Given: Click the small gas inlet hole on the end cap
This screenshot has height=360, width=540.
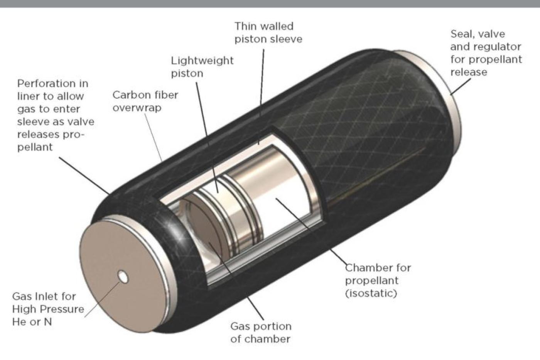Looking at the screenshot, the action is (x=123, y=277).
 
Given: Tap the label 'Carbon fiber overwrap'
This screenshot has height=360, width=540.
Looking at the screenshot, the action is (x=145, y=101).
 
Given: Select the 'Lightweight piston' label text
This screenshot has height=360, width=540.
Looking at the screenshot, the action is (x=202, y=67).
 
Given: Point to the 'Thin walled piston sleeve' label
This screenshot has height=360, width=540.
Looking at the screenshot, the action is (x=268, y=32).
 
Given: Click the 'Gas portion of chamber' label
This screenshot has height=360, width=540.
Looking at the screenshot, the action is (x=261, y=333).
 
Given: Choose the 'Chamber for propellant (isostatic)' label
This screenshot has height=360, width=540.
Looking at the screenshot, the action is (x=378, y=281).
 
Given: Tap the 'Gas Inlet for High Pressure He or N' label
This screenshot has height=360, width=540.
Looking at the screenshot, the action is (x=48, y=309).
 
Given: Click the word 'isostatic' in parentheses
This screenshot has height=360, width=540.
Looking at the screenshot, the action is (x=371, y=294).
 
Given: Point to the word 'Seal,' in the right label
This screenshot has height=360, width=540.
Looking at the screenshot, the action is (x=462, y=34).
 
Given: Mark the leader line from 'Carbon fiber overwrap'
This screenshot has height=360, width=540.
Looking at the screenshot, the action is (x=153, y=137).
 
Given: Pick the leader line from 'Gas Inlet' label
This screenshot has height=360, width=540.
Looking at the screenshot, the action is (x=103, y=299).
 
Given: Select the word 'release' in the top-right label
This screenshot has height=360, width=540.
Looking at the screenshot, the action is (x=469, y=72).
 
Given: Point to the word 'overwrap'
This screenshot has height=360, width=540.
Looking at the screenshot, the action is (x=137, y=108).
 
